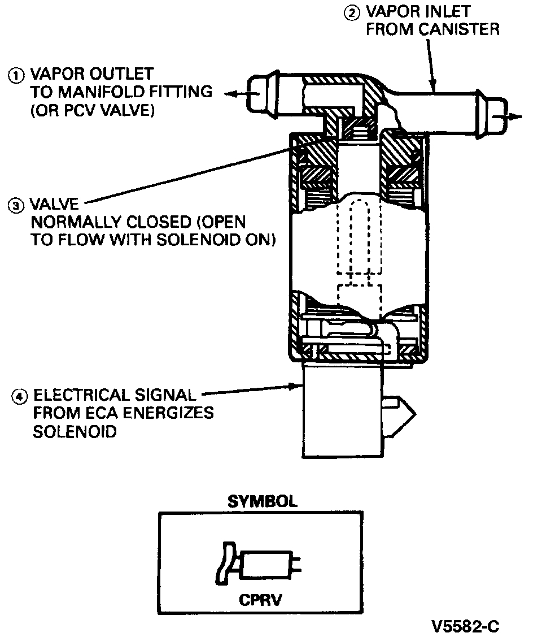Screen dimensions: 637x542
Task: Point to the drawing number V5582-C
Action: point(465,626)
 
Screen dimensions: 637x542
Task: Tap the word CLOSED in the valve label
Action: point(164,222)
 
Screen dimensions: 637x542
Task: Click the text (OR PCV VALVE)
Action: point(93,110)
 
